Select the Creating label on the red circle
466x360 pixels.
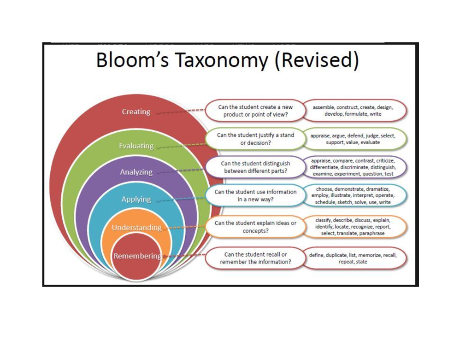pyautogui.click(x=136, y=112)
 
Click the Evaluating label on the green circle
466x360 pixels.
pyautogui.click(x=136, y=146)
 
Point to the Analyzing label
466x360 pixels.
pyautogui.click(x=136, y=172)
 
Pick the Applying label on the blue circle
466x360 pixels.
pyautogui.click(x=136, y=199)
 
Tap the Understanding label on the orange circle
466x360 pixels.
pyautogui.click(x=136, y=228)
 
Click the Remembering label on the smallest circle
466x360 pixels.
pyautogui.click(x=137, y=256)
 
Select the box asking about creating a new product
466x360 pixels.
pyautogui.click(x=255, y=111)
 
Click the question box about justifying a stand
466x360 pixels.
pyautogui.click(x=255, y=139)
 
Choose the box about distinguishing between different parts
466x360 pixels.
pyautogui.click(x=255, y=167)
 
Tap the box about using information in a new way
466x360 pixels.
pyautogui.click(x=255, y=195)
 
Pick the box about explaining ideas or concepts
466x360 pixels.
pyautogui.click(x=255, y=227)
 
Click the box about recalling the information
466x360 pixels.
pyautogui.click(x=255, y=258)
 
